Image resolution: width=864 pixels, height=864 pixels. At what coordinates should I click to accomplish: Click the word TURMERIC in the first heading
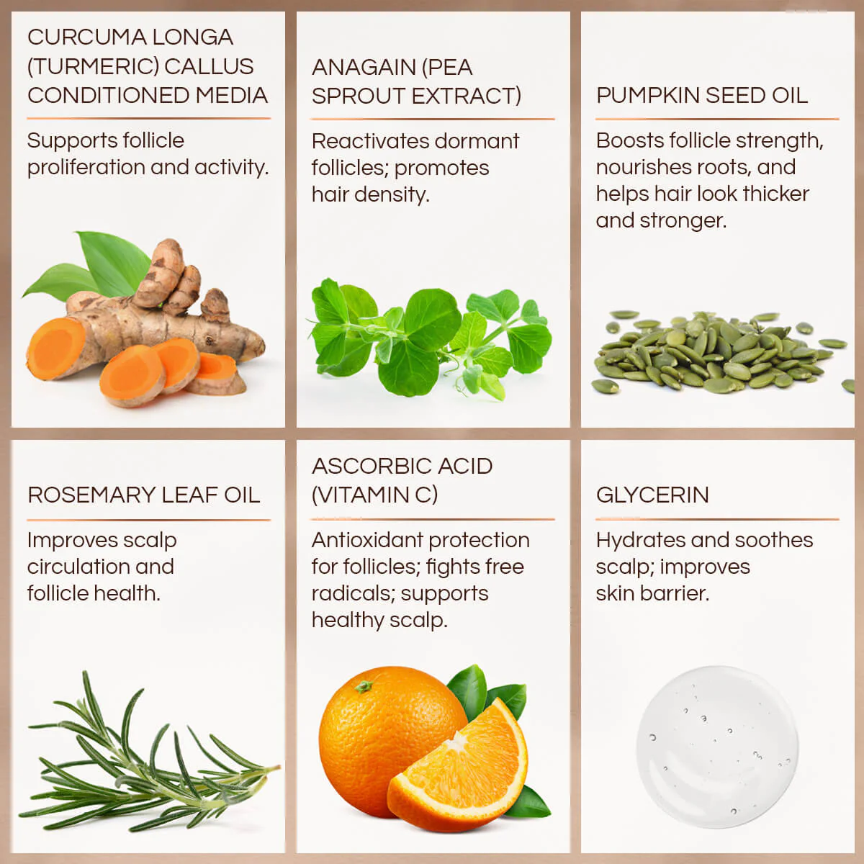point(94,66)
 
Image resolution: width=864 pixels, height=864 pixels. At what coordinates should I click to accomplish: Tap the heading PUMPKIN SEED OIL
point(702,96)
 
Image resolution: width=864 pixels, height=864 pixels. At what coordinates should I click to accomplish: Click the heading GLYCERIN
point(652,495)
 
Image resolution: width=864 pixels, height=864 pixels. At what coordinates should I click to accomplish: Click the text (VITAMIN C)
point(374,495)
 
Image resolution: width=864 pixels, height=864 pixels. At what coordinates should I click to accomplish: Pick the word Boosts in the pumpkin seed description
point(629,141)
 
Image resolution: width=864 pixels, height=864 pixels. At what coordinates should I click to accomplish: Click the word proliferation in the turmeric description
point(86,168)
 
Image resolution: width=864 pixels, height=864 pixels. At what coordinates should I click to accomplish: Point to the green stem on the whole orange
point(364,686)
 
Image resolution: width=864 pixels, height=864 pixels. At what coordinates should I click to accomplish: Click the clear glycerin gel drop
point(717,746)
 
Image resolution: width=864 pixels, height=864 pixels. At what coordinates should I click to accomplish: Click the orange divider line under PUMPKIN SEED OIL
point(717,120)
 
